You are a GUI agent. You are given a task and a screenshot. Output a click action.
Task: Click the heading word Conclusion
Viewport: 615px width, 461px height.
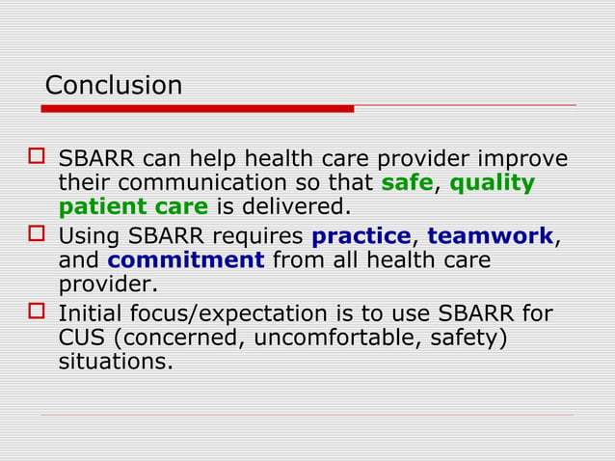(114, 86)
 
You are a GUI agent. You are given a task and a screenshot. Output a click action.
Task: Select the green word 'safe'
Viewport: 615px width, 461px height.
(407, 183)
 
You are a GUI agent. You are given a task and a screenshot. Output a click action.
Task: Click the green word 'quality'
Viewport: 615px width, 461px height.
(493, 183)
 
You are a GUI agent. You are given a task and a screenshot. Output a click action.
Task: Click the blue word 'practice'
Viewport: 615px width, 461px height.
(361, 236)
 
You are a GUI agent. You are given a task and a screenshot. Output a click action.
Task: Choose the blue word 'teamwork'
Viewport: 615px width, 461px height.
(491, 236)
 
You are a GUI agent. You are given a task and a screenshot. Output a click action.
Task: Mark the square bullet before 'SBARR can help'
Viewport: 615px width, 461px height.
(38, 158)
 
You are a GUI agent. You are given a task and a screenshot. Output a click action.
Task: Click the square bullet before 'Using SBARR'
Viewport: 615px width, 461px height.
(38, 235)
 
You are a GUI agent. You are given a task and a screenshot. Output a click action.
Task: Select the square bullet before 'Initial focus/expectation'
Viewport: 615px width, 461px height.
(38, 313)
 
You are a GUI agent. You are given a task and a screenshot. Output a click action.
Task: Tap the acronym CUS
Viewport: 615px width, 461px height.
(80, 339)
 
